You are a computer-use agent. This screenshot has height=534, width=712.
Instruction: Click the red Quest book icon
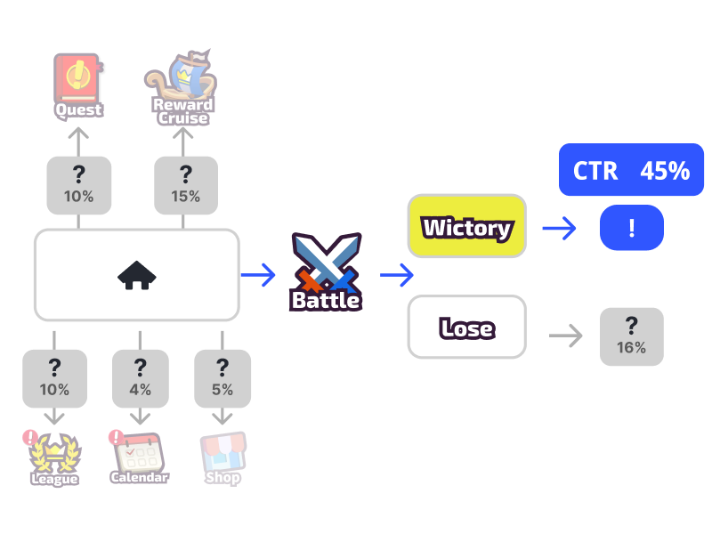[x=78, y=77]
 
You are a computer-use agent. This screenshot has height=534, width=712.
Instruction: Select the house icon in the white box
[x=136, y=275]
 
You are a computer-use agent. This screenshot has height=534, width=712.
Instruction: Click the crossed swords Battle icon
[x=326, y=263]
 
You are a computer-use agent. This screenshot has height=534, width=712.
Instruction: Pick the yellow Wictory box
[x=467, y=228]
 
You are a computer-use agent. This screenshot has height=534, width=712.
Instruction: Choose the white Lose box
[x=467, y=328]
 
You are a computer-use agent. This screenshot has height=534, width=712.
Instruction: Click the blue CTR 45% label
[x=631, y=170]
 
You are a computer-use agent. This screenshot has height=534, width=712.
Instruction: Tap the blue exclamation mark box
[x=631, y=228]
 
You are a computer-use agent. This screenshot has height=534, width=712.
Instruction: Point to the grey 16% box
[x=631, y=336]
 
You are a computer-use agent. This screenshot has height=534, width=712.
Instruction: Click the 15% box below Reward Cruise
[x=186, y=185]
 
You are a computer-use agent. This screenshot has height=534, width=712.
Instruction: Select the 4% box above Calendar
[x=140, y=378]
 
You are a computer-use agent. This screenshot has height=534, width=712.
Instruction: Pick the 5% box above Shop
[x=222, y=378]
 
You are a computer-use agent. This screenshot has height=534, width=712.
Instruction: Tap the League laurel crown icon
[x=54, y=453]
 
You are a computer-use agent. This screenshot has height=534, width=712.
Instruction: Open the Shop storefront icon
[x=222, y=452]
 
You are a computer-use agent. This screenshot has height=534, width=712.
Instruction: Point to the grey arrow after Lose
[x=565, y=336]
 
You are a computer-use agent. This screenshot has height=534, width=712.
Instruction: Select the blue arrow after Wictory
[x=559, y=229]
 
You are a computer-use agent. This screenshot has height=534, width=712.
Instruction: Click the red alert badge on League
[x=31, y=437]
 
